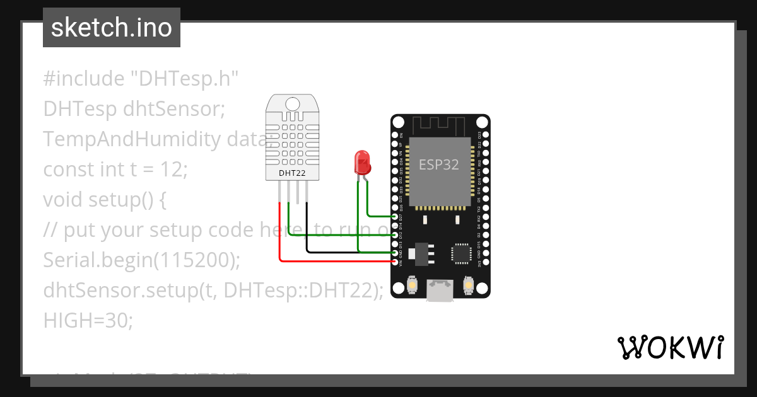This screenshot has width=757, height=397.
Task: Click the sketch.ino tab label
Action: coord(112,28)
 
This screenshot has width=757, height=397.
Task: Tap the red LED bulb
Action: coord(362,162)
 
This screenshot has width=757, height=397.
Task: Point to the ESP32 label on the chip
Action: coord(439,164)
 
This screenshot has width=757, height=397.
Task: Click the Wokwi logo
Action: coord(670,347)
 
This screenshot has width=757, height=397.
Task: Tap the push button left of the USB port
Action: coord(411,285)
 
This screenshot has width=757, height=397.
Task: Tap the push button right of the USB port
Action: coord(469,285)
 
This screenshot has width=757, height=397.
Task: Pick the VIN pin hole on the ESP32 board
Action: coord(396,262)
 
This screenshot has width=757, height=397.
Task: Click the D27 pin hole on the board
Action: coord(396,216)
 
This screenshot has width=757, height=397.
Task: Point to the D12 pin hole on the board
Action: coord(396,234)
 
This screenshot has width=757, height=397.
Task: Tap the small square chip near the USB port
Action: coord(460,253)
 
